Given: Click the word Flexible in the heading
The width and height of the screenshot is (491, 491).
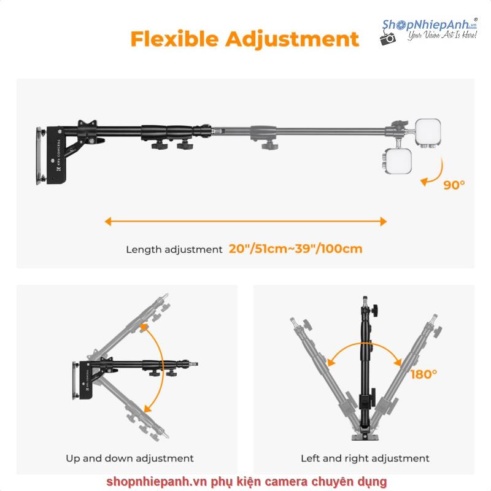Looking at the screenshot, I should pyautogui.click(x=174, y=38).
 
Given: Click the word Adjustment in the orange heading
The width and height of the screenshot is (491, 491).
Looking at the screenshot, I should pyautogui.click(x=292, y=38).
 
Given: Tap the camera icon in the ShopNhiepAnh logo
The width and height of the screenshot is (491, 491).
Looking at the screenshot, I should pyautogui.click(x=388, y=38).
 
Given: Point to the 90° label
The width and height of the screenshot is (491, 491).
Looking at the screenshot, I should pyautogui.click(x=454, y=184).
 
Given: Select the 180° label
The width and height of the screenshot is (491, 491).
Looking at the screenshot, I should pyautogui.click(x=423, y=374).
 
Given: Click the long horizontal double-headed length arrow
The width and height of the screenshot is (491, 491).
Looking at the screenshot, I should pyautogui.click(x=245, y=222).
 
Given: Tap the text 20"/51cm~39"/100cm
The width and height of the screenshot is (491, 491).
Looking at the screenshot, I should pyautogui.click(x=295, y=249).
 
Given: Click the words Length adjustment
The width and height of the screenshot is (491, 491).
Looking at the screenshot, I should pyautogui.click(x=174, y=250).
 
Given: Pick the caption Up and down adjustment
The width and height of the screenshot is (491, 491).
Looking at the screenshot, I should pyautogui.click(x=130, y=458).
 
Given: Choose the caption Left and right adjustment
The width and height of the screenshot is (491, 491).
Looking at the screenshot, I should pyautogui.click(x=365, y=458).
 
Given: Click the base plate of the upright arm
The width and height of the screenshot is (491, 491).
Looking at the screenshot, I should pyautogui.click(x=365, y=435).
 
